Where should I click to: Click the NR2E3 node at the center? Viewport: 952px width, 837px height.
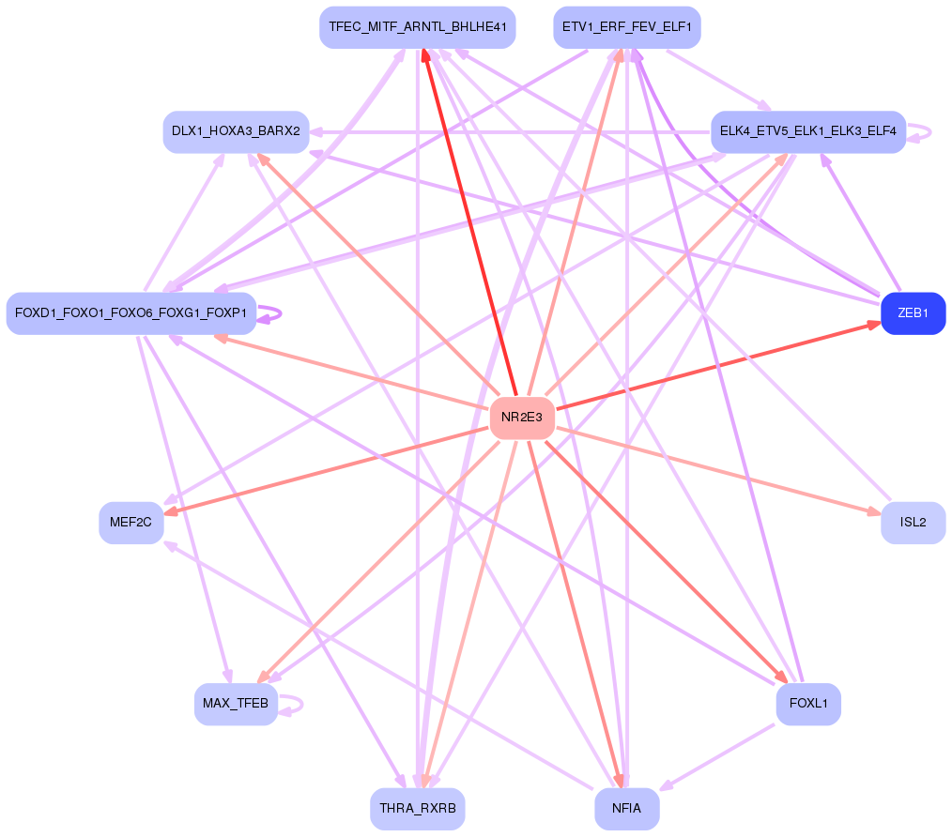pos(522,418)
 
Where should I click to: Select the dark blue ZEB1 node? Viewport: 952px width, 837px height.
pos(913,313)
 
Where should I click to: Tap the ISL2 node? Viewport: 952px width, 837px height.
pos(913,523)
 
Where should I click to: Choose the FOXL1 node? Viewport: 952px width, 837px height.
pos(807,704)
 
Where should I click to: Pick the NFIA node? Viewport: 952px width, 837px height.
pos(626,808)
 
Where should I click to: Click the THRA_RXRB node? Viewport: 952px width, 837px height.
pos(417,808)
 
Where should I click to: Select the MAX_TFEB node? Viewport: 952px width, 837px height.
pos(236,704)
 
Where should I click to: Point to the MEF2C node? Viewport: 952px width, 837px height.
pos(131,523)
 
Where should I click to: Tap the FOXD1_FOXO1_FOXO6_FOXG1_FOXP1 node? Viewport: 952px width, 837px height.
pos(131,313)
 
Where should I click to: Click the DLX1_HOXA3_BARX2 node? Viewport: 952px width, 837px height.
pos(236,131)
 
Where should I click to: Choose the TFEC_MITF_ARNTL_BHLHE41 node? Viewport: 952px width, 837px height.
pos(417,27)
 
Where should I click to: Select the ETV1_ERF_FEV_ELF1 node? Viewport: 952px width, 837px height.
pos(626,27)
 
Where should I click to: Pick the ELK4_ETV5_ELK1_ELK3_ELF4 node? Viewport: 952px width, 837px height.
pos(807,131)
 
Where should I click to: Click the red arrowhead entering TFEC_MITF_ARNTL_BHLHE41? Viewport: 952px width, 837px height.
pos(425,55)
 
